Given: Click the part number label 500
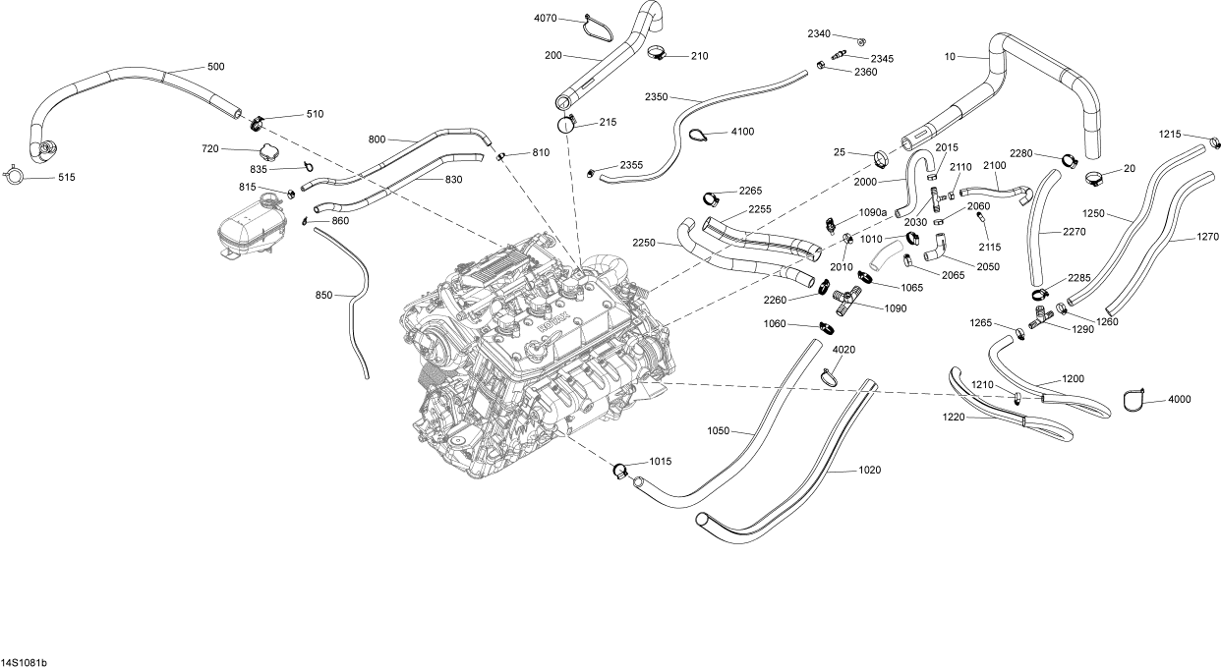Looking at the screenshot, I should coord(215,67).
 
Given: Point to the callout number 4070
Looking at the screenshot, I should coord(546,19).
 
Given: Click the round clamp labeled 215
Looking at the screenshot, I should coord(566,124).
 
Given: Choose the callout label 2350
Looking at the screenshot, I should coord(656,97).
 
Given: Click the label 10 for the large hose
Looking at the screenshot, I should coord(950,57).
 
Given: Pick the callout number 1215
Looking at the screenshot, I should coord(1169,134).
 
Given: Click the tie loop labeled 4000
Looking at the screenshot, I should coord(1135,400).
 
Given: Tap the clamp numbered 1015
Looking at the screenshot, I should coord(618,469).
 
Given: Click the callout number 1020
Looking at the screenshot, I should coord(869,471).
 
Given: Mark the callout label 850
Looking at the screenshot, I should coord(323,295).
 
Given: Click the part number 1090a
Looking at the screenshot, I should coord(873,212).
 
